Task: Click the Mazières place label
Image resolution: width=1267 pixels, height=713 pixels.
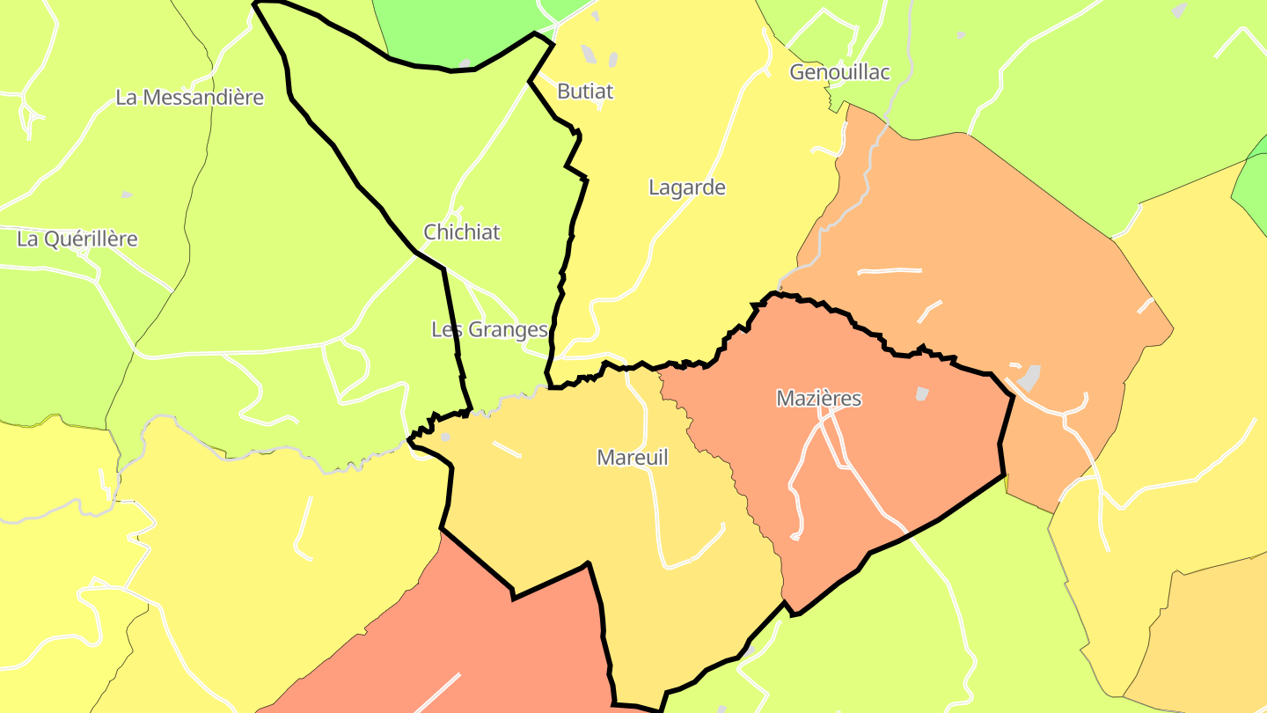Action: (x=818, y=399)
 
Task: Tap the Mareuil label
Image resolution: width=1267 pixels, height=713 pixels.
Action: (x=632, y=458)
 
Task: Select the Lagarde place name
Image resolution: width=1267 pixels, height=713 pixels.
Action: (x=686, y=187)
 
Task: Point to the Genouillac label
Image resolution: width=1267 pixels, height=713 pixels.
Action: (x=839, y=72)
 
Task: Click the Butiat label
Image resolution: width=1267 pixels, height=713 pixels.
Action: (x=585, y=92)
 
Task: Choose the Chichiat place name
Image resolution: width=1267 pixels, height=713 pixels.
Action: (x=462, y=232)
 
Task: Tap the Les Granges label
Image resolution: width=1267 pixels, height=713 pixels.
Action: (x=489, y=330)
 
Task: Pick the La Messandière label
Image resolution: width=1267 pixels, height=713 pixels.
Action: (x=189, y=98)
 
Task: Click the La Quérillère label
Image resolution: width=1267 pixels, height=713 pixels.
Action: (x=77, y=239)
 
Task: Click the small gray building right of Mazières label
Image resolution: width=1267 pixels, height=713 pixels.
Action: (x=922, y=393)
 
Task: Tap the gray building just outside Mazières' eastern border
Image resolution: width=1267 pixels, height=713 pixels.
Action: (x=1029, y=378)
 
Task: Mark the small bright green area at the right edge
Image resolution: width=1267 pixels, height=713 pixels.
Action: (x=1253, y=189)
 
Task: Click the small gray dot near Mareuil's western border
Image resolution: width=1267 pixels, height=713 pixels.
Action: (x=446, y=437)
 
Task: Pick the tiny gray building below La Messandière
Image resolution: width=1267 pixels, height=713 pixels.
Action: (x=127, y=195)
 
